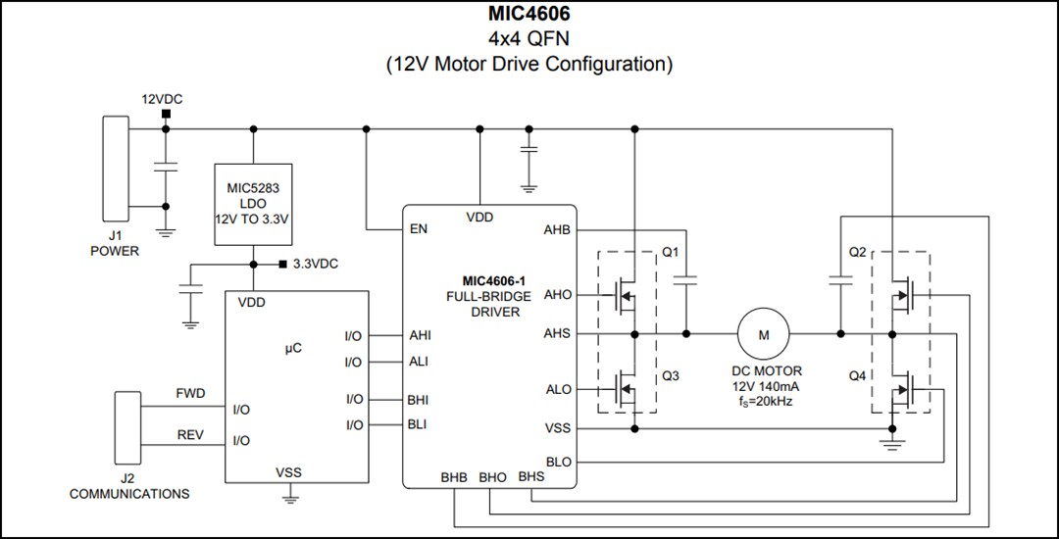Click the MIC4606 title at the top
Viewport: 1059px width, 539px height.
(529, 16)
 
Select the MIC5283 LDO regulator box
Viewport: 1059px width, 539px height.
(253, 204)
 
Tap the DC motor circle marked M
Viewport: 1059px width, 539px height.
(764, 334)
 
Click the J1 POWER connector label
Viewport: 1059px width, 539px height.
(115, 243)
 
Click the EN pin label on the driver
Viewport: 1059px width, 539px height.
(419, 230)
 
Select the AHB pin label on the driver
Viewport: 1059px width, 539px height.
(556, 230)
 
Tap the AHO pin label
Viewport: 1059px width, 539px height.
(557, 294)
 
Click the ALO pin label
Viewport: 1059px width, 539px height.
(557, 390)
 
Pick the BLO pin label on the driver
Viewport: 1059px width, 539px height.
(557, 462)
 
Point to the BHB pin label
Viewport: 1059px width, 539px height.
(454, 477)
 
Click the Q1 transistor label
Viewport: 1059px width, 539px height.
(671, 252)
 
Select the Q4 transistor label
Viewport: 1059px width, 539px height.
(857, 374)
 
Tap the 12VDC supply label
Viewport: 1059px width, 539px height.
(163, 100)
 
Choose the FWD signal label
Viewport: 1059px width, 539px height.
(190, 393)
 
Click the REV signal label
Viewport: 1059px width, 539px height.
(190, 434)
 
